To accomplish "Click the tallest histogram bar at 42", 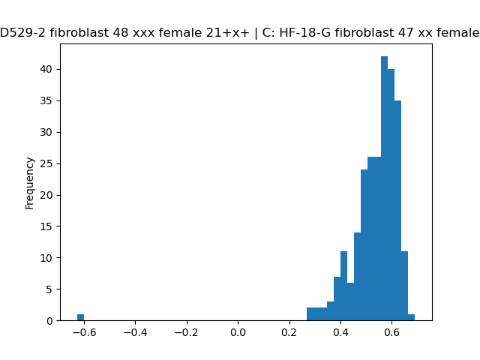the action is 385,188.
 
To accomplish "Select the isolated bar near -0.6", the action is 80,317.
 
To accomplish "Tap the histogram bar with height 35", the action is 398,211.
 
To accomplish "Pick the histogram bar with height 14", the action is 358,277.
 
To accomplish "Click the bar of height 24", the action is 364,245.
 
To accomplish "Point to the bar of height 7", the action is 337,298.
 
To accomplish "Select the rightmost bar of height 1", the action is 412,317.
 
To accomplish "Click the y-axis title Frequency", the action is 30,183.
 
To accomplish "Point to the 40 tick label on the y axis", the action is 46,69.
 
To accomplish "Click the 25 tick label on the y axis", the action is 46,163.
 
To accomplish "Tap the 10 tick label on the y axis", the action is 46,258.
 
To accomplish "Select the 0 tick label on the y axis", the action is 49,321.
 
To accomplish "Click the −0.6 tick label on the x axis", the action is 84,332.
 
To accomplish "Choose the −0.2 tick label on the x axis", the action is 187,332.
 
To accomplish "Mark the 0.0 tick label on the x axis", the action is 238,332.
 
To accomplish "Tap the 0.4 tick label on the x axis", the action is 340,332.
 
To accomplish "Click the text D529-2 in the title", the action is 23,32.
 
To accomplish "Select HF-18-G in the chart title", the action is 305,32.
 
